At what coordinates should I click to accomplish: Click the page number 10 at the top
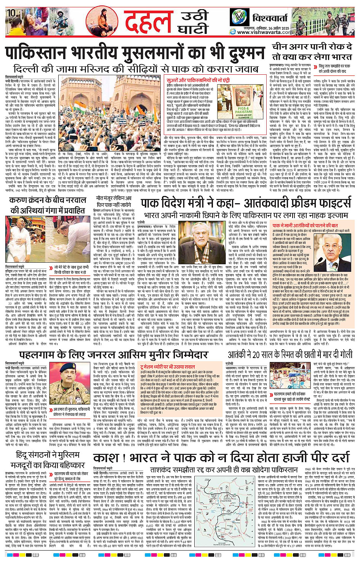point(11,13)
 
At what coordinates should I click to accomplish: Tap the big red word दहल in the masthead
point(149,22)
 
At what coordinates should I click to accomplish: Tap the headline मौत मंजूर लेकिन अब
point(114,199)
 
